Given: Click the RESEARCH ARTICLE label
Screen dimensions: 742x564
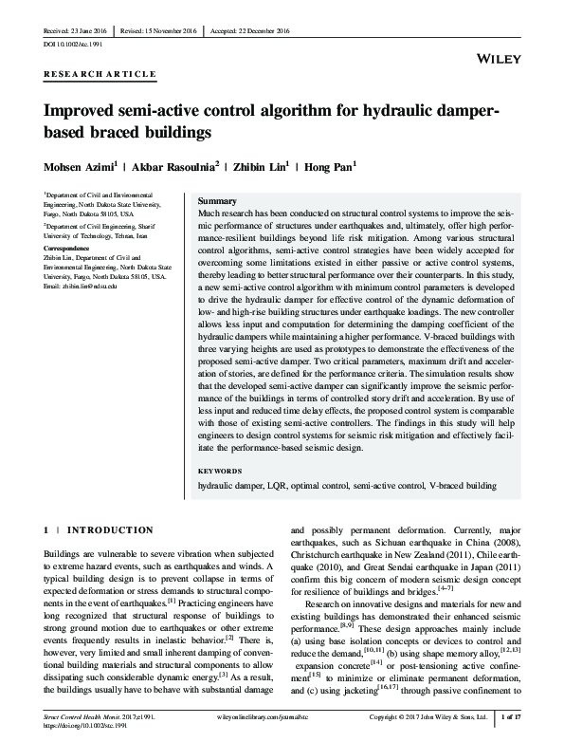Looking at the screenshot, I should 86,73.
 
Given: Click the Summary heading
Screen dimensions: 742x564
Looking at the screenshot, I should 216,202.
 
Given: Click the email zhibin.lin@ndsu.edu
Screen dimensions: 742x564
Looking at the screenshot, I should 96,286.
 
